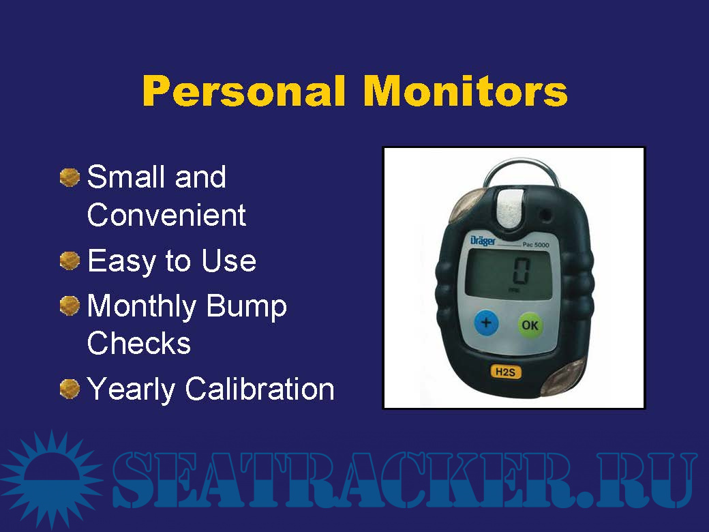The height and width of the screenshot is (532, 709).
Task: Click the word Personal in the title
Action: [244, 91]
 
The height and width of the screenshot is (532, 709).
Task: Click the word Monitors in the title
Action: [465, 91]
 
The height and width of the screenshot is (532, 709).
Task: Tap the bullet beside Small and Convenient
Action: [70, 177]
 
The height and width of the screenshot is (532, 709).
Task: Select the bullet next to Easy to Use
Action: [70, 261]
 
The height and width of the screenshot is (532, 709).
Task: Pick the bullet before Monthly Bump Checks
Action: [70, 306]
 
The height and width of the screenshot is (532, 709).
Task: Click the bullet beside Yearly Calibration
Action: [70, 389]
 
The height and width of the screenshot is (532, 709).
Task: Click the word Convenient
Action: [166, 215]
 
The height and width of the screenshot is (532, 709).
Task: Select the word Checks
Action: [139, 343]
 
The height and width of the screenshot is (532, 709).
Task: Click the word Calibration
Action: [260, 389]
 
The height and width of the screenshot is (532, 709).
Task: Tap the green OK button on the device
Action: [530, 325]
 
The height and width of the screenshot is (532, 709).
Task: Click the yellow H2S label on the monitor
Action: [506, 372]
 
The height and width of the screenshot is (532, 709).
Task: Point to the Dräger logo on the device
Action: [483, 241]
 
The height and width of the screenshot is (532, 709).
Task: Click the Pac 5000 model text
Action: [536, 245]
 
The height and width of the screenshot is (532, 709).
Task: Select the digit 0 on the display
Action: [521, 271]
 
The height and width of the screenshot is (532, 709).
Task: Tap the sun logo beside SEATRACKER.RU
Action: [51, 479]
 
